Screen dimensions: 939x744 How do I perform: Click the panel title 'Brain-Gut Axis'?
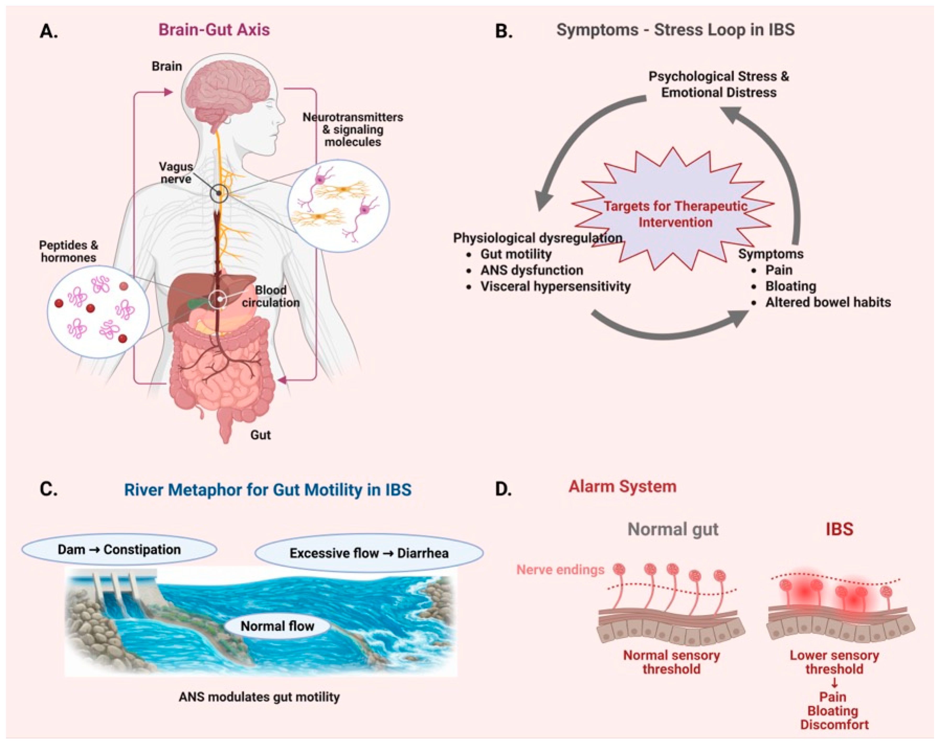click(x=214, y=30)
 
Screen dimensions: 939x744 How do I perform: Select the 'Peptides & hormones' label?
click(x=68, y=251)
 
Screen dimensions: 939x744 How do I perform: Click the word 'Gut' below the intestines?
click(x=260, y=435)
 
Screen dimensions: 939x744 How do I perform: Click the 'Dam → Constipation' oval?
click(x=119, y=549)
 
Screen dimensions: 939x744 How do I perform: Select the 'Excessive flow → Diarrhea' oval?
click(x=369, y=553)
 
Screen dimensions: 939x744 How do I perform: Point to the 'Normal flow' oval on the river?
click(x=277, y=626)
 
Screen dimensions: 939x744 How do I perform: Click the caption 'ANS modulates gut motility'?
click(x=259, y=697)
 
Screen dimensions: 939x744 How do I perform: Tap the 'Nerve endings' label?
click(x=560, y=570)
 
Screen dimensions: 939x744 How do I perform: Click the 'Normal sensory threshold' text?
click(x=671, y=662)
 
